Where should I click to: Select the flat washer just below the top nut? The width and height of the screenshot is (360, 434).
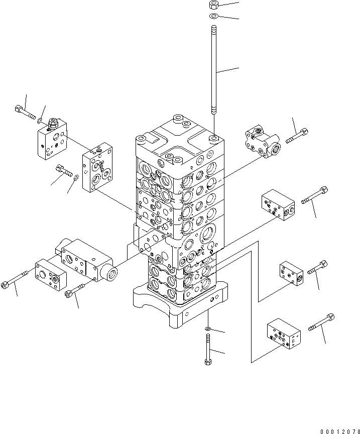214,16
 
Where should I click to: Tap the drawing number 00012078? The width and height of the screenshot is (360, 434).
340,431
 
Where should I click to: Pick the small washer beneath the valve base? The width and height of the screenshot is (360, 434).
208,329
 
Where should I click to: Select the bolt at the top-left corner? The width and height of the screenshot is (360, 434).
25,113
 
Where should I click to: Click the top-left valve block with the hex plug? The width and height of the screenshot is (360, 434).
52,140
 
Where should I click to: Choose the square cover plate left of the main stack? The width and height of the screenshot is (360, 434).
97,167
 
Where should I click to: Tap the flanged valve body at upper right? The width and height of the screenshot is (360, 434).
263,141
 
